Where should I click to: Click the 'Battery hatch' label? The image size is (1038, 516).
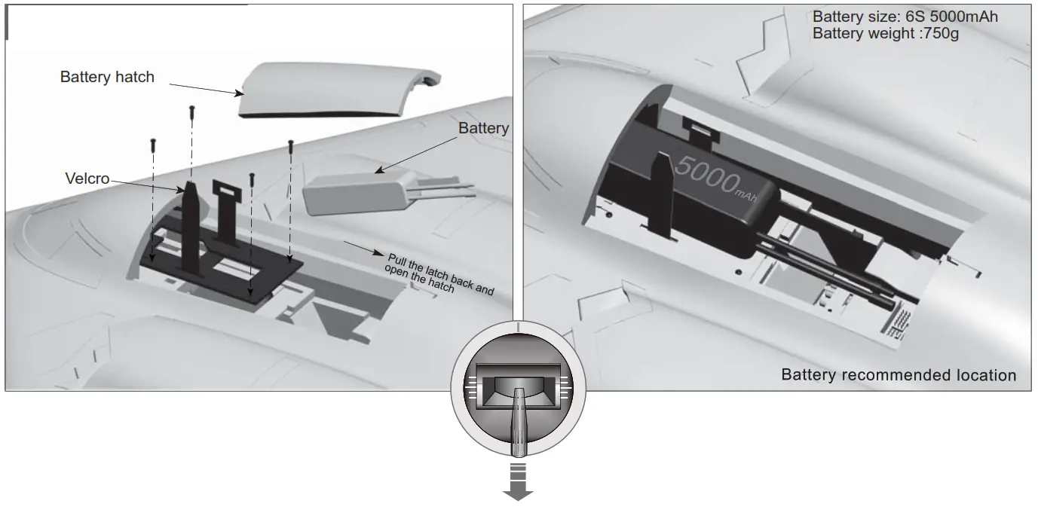click(107, 77)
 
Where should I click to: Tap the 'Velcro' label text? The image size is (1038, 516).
click(87, 179)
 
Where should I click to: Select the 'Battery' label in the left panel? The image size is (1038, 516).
click(483, 129)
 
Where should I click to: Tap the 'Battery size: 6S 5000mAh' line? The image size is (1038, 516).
click(905, 17)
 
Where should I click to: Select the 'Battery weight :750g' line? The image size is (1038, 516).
click(885, 34)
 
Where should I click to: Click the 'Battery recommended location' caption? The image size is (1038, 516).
click(899, 375)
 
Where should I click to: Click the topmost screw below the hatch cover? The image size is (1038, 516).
click(191, 111)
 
